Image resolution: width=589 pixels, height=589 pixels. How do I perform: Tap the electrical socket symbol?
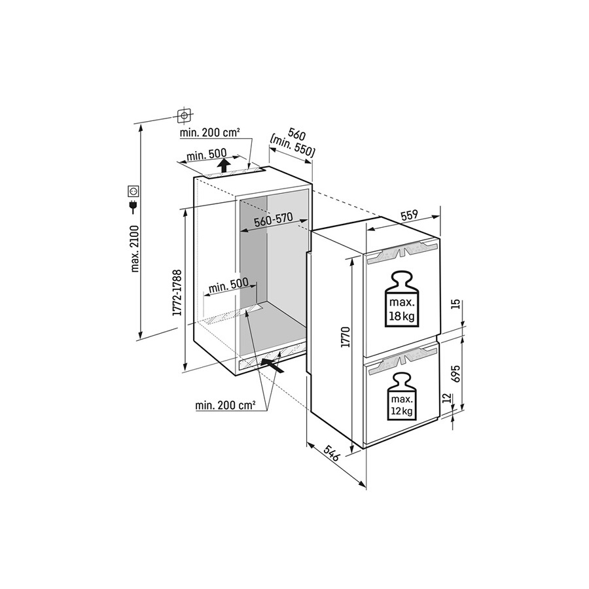[x=134, y=192]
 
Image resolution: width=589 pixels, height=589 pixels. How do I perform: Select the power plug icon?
[x=134, y=208]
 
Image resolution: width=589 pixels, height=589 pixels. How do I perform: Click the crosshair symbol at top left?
[x=185, y=116]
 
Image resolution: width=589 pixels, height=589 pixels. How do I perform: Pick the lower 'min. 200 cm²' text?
[x=225, y=406]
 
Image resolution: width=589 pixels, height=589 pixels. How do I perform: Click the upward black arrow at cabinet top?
[x=224, y=166]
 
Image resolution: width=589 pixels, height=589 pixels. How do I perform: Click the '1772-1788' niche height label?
[x=177, y=293]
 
